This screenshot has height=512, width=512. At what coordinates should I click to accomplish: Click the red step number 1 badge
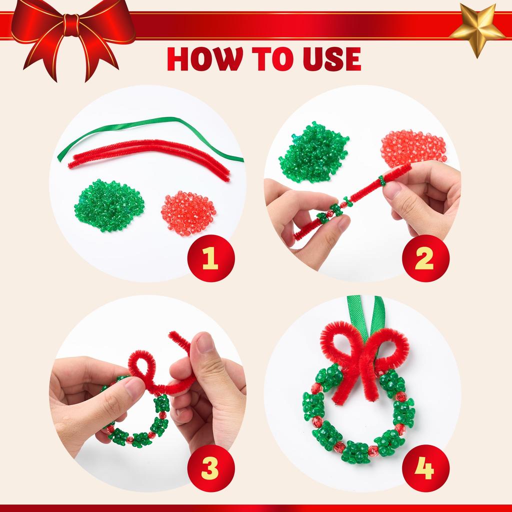tap(210, 258)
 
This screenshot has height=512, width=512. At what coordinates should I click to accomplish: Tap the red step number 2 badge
tap(424, 258)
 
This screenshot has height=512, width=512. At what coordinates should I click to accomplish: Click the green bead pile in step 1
tap(109, 205)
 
